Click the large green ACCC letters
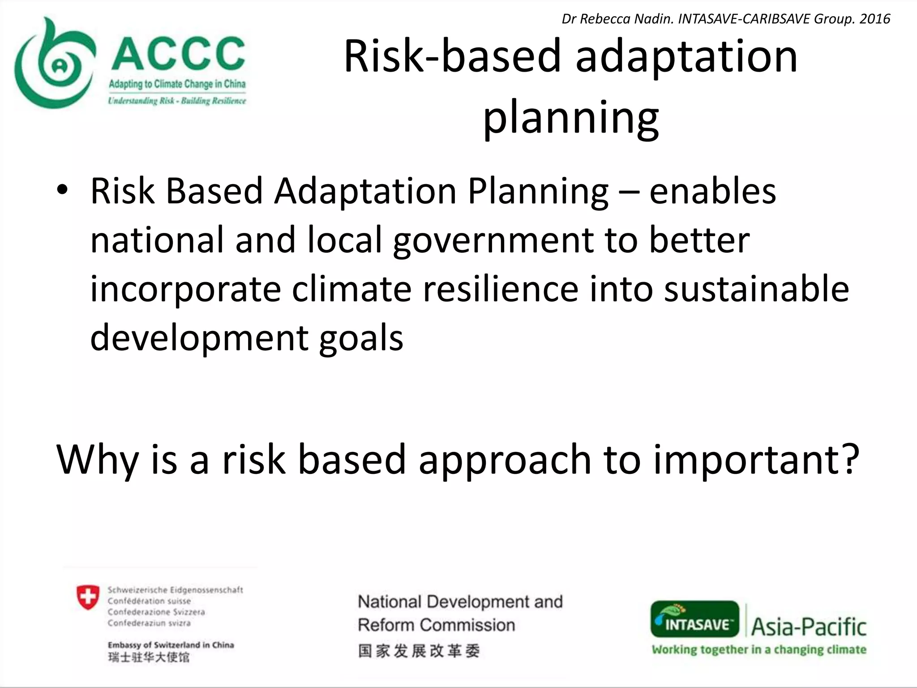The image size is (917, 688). coord(178,54)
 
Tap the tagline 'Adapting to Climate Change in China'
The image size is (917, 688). coord(177,84)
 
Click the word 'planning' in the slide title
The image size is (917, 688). coord(571,117)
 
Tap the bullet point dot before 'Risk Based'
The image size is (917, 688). coord(62,190)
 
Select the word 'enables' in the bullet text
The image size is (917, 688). coord(712,191)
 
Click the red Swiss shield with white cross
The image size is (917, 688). coord(88,597)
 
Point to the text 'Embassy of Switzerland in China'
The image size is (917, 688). coord(171,645)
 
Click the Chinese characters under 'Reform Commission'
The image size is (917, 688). coord(419,651)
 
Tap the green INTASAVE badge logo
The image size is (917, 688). coord(694,619)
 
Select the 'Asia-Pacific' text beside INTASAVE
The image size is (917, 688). coord(809,626)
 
